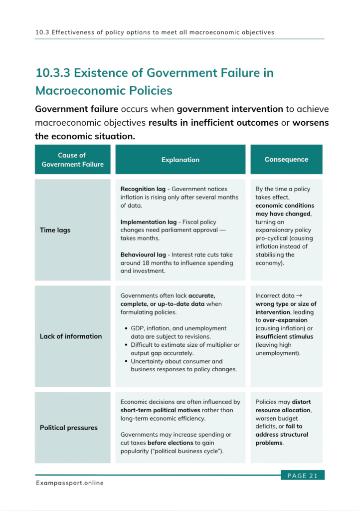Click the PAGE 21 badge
click(302, 476)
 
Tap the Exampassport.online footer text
click(70, 483)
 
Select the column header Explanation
click(180, 160)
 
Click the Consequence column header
click(286, 159)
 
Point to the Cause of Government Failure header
click(72, 160)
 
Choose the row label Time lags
click(55, 230)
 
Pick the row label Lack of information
click(71, 336)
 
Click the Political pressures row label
click(69, 428)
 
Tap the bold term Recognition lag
click(144, 189)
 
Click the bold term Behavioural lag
click(144, 255)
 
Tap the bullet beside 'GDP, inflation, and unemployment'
click(125, 329)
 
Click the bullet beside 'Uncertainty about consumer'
click(125, 362)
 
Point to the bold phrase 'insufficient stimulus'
click(284, 336)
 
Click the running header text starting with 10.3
click(155, 32)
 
